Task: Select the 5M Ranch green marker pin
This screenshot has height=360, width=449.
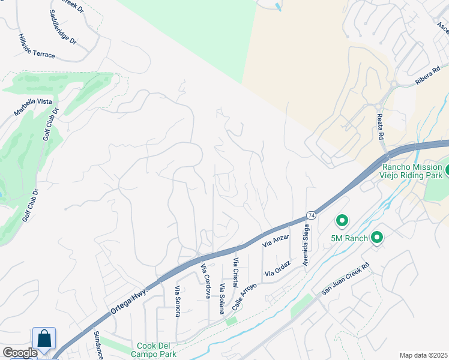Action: [342, 221]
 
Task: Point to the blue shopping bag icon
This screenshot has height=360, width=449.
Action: [44, 338]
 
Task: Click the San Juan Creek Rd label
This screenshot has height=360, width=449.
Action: [347, 281]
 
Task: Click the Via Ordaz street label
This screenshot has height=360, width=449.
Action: [278, 269]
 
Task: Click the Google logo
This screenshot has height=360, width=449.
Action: [20, 353]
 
